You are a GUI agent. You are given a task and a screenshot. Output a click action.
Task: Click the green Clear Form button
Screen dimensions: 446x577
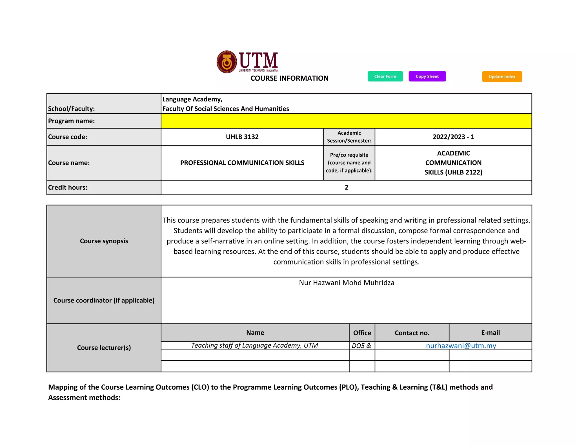(385, 76)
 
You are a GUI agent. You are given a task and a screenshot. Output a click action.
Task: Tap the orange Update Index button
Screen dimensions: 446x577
(502, 77)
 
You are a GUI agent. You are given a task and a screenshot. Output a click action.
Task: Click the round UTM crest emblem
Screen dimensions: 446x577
(227, 62)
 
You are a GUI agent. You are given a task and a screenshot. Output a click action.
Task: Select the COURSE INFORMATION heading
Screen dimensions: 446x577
(289, 78)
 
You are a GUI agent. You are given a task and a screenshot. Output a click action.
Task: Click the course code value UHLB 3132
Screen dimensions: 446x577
(242, 137)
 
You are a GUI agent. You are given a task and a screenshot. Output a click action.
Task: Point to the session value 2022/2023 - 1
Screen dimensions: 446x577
(453, 137)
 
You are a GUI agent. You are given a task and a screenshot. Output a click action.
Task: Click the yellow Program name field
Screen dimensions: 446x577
(346, 121)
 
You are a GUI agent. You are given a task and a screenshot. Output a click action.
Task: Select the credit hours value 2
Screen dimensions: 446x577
(346, 187)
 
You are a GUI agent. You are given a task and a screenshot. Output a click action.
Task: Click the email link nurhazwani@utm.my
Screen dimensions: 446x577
(461, 346)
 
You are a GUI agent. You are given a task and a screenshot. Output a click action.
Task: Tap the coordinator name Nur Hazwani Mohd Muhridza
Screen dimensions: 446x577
(347, 283)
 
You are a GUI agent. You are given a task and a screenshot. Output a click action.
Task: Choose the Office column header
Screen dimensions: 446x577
(362, 333)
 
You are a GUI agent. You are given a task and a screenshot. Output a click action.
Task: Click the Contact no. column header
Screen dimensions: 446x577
(412, 333)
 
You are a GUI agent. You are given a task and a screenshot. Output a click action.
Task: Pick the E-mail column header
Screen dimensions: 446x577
(490, 333)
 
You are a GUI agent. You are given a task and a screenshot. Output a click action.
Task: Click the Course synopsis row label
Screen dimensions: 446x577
(104, 241)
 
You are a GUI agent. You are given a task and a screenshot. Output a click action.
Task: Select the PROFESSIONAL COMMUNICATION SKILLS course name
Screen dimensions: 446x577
(242, 163)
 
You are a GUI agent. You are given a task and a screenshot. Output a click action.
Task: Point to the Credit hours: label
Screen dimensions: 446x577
(68, 187)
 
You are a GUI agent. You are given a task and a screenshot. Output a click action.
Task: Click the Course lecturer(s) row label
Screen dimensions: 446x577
(104, 348)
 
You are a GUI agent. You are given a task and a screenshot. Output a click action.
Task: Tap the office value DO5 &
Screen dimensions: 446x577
(361, 346)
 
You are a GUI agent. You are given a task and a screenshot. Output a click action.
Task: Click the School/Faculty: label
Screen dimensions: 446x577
(72, 109)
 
